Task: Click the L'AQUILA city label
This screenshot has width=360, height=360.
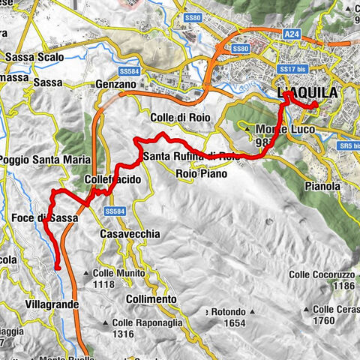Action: click(307, 93)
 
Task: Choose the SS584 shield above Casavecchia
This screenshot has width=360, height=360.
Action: click(115, 212)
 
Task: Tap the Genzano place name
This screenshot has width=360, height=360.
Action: click(116, 85)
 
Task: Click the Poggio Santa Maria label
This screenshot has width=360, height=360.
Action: click(45, 160)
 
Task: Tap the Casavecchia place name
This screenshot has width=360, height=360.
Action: click(130, 234)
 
